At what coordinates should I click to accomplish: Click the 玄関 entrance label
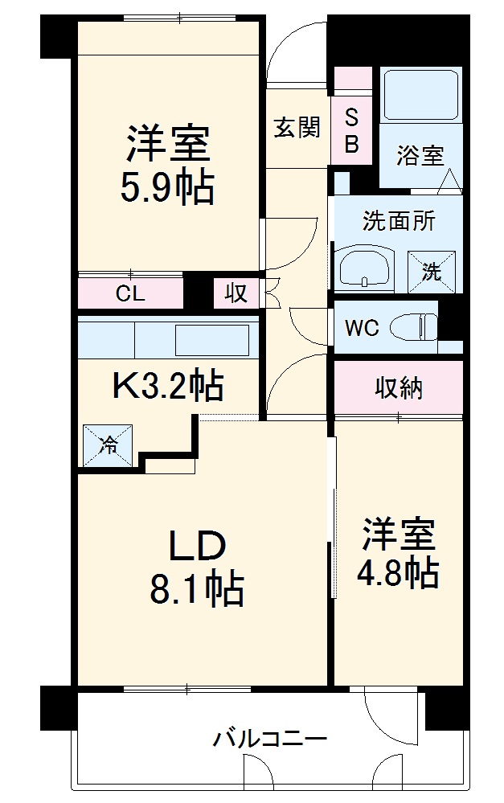pos(297,127)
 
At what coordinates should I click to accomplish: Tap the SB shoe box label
pos(352,132)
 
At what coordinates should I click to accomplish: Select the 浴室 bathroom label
pos(420,155)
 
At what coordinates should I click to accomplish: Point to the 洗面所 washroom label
pos(399,222)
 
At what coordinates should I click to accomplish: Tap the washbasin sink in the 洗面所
pos(365,268)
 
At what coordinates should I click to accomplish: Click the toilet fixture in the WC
pos(413,327)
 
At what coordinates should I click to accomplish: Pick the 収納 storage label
pos(399,388)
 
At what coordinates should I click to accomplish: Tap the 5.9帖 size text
pos(167,190)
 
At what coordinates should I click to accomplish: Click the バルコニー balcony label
pos(269,738)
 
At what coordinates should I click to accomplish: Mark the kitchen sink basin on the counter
pos(212,340)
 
